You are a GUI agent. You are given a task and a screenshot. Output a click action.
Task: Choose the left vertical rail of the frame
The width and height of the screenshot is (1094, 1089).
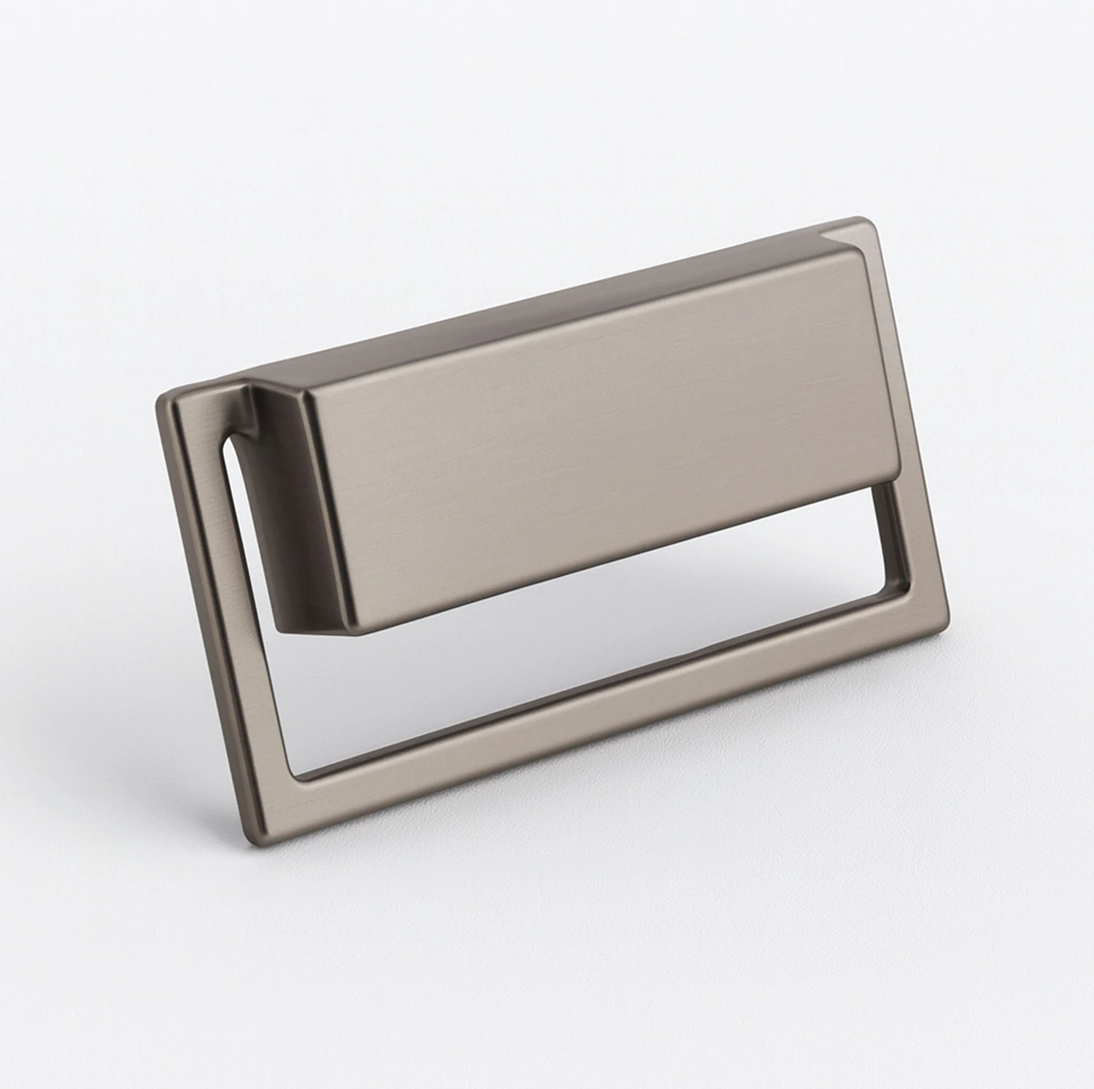219,620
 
